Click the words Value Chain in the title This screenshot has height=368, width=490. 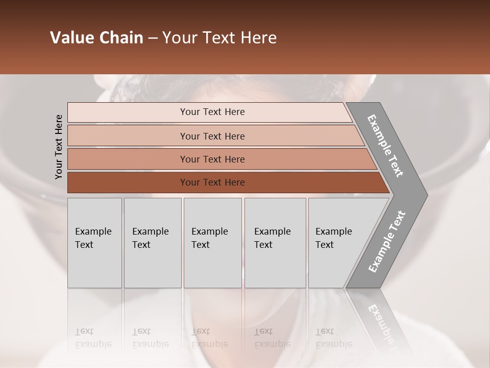pos(96,38)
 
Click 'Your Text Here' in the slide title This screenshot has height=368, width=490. pos(219,38)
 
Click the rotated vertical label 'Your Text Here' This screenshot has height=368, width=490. pos(59,147)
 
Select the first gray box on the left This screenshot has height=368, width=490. pos(94,243)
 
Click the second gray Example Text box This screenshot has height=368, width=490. pos(153,243)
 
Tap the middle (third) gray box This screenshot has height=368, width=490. pos(212,243)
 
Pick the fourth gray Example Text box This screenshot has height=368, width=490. pos(275,243)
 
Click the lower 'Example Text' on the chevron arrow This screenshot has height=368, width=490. pos(386,241)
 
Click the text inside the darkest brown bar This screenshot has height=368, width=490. pos(212,182)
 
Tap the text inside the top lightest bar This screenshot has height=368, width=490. pos(212,112)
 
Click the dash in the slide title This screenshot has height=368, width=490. pos(153,38)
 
